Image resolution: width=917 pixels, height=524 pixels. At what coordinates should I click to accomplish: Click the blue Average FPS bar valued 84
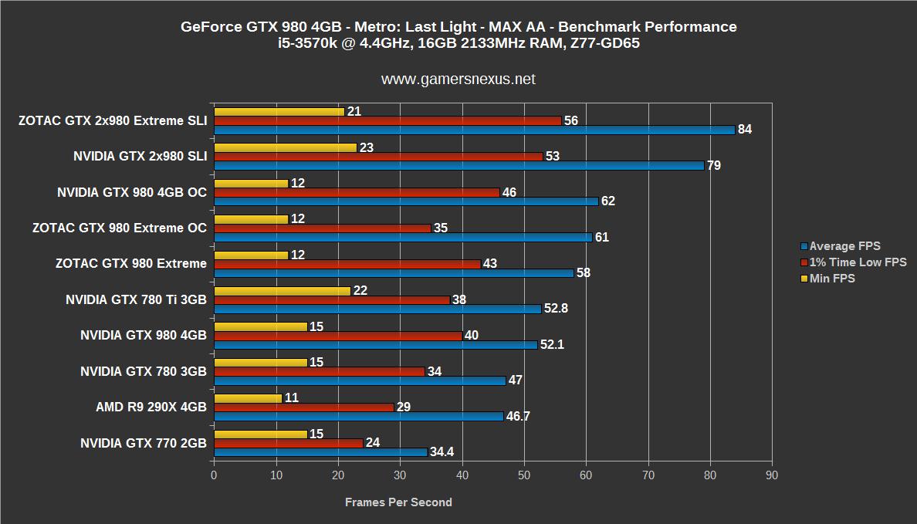[x=474, y=130]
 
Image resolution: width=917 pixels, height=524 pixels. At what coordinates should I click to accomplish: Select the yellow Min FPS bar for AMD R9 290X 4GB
[x=248, y=398]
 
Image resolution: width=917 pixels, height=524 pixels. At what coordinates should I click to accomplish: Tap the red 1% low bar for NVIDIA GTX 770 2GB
[x=288, y=443]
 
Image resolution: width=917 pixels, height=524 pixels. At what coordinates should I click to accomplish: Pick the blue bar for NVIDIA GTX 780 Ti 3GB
[x=377, y=309]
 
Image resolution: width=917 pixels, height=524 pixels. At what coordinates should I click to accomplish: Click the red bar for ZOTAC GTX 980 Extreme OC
[x=322, y=228]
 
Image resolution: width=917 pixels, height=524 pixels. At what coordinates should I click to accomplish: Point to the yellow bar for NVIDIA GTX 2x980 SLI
[x=285, y=147]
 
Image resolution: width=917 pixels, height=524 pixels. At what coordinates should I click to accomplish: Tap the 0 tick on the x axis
[x=214, y=475]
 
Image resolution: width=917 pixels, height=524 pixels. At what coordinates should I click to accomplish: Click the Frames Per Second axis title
[x=398, y=502]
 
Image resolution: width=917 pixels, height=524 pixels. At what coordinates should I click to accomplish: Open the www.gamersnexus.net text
[x=458, y=79]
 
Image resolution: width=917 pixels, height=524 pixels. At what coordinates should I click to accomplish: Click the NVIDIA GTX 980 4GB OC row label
[x=132, y=192]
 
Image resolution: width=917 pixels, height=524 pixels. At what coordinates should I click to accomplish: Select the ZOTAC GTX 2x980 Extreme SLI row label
[x=113, y=120]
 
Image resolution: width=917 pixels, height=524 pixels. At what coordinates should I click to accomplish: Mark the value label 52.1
[x=551, y=345]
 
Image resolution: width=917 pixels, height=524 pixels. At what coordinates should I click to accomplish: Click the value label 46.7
[x=518, y=417]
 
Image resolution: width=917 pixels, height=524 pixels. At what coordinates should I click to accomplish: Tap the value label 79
[x=713, y=166]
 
